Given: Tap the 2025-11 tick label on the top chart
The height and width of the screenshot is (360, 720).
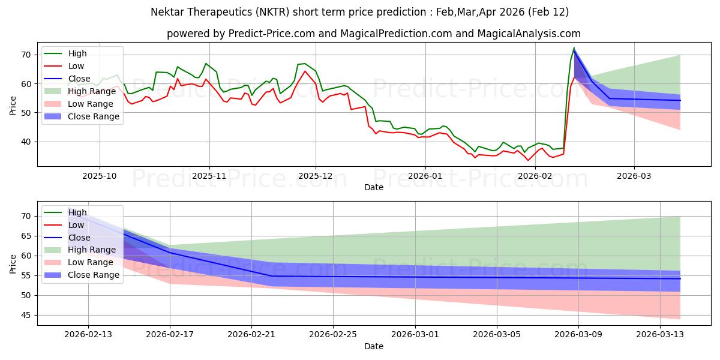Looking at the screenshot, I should tap(209, 176).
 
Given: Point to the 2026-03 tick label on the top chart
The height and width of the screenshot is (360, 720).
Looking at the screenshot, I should tap(634, 176).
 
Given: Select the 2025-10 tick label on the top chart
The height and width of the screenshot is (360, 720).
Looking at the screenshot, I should tap(100, 176).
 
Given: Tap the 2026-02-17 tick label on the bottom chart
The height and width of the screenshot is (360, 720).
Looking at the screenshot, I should tap(170, 335).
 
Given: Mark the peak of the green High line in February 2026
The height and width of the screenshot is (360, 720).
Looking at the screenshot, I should tap(574, 48).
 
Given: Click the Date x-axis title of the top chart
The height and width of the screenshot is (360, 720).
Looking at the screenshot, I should tap(373, 187).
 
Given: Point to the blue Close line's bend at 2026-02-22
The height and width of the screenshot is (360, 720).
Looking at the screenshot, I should tap(272, 276).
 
